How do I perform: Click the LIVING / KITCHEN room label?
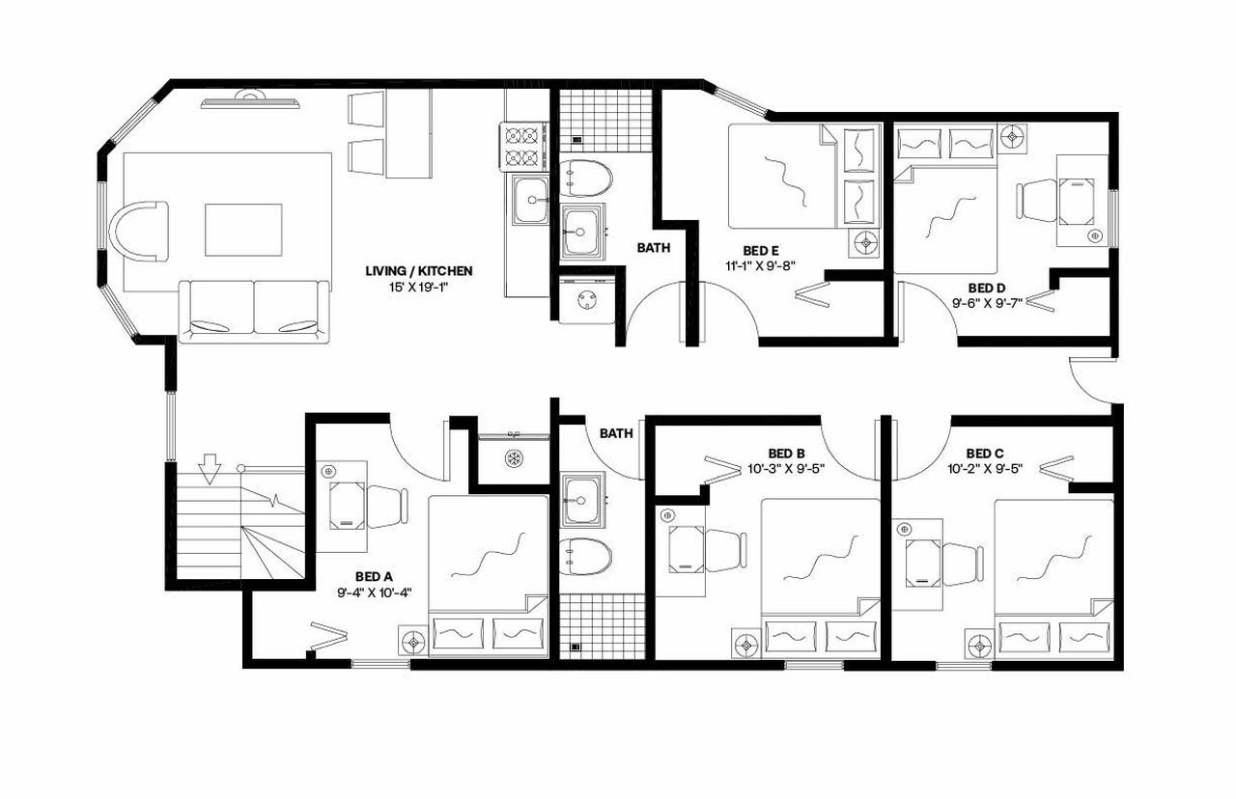click(417, 270)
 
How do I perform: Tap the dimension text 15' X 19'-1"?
click(417, 287)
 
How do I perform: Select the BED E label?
click(760, 250)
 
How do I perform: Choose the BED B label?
click(786, 453)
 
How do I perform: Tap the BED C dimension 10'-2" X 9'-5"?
click(984, 469)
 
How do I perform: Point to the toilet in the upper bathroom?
click(586, 177)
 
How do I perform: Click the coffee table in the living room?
click(243, 229)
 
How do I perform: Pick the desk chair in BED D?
click(1036, 201)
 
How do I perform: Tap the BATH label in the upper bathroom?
click(654, 248)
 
